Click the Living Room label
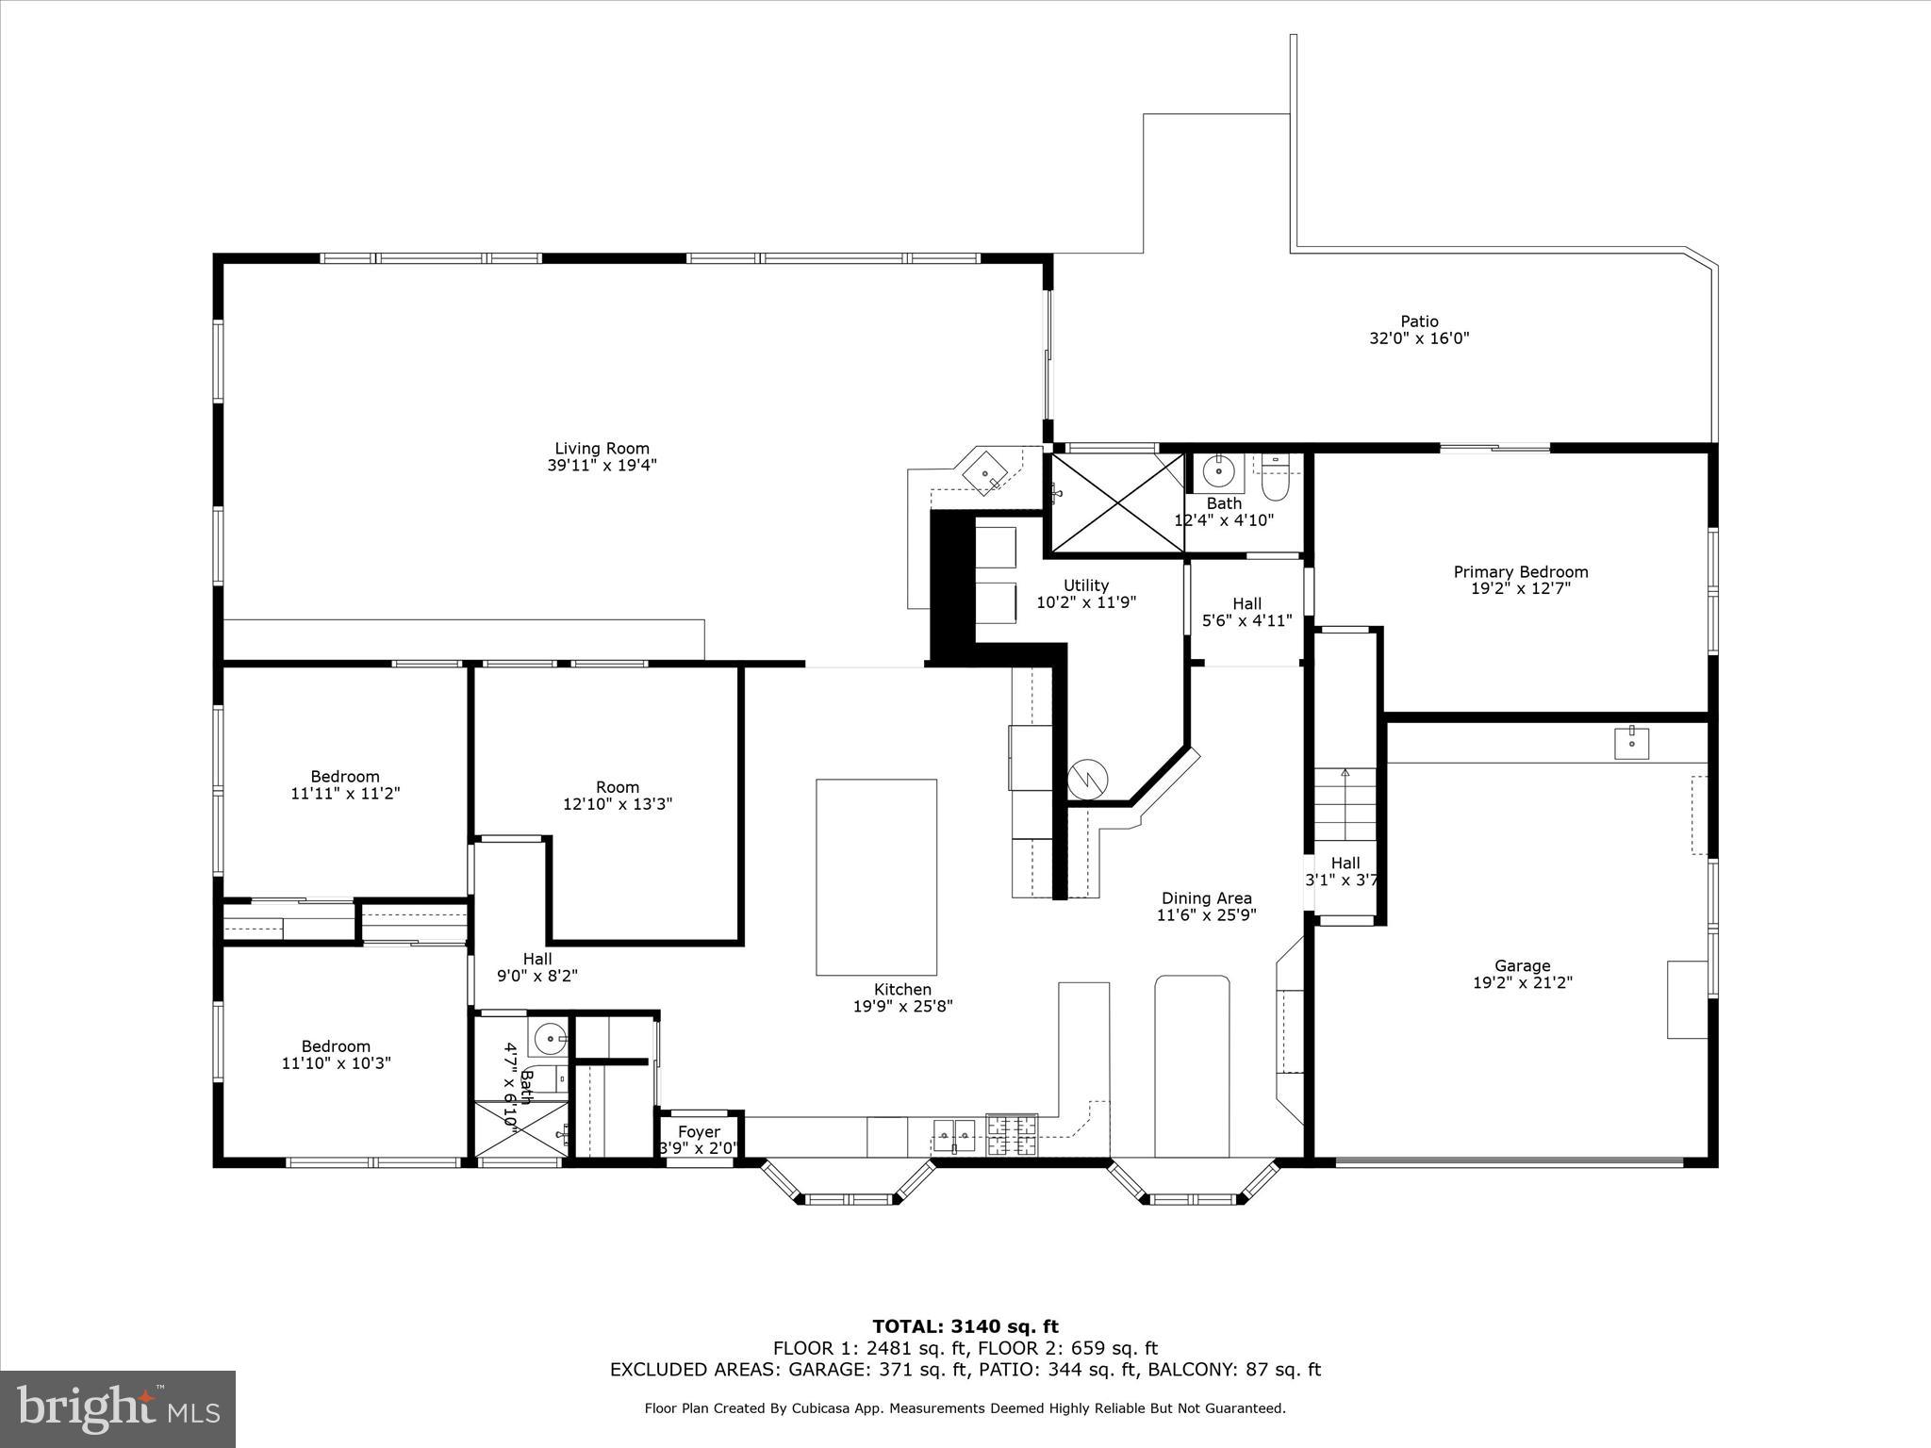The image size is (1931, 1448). [602, 449]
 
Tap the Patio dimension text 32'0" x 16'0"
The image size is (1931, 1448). [1419, 338]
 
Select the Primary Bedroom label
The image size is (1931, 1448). [1520, 572]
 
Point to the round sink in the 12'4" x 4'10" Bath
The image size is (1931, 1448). [1218, 469]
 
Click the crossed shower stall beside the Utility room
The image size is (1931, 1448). [1117, 502]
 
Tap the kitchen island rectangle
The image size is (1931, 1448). [876, 877]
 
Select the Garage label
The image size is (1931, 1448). [1522, 965]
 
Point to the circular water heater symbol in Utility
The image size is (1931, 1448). [1087, 780]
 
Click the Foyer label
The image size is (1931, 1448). [699, 1132]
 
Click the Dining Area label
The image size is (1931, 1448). [1206, 898]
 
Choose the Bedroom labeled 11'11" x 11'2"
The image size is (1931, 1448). [345, 785]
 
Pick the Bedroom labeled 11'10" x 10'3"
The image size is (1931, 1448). [336, 1055]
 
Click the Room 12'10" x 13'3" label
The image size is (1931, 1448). [618, 796]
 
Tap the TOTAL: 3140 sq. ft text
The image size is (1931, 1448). [965, 1327]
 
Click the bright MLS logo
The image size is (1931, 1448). [118, 1408]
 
